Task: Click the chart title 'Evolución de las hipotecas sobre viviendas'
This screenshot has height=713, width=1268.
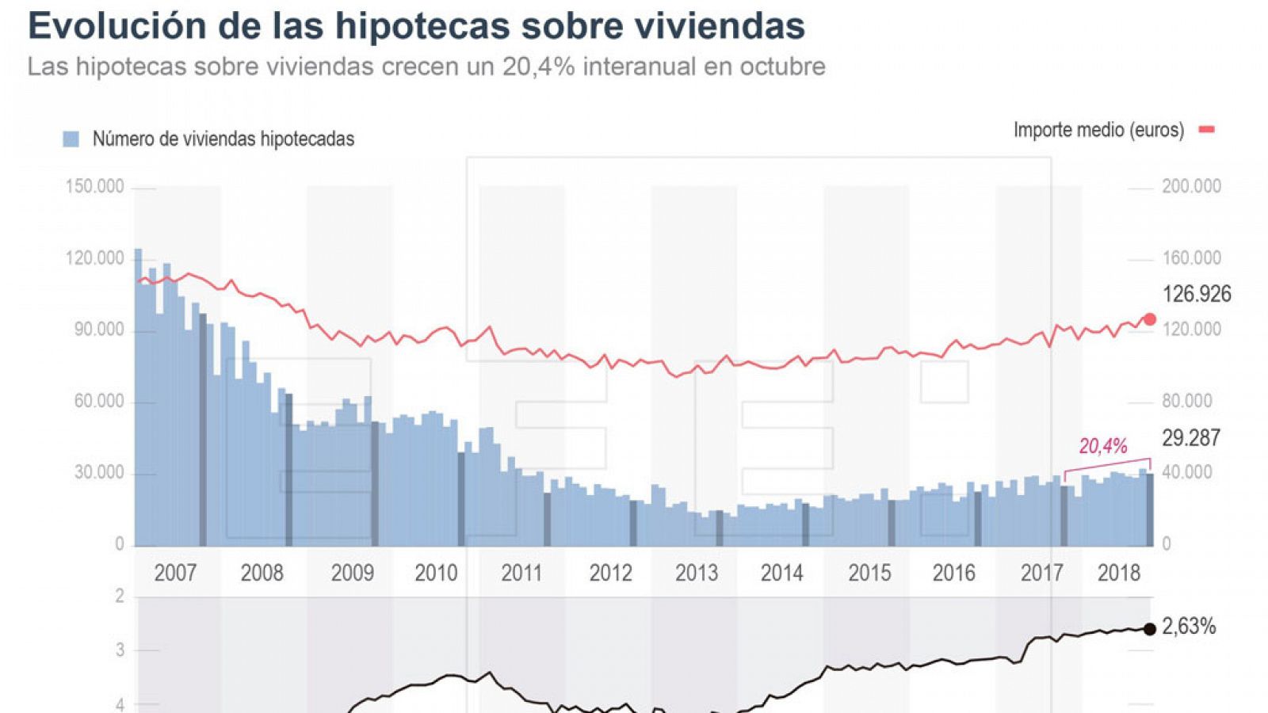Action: [416, 25]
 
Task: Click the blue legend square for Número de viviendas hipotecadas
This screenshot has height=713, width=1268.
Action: [71, 139]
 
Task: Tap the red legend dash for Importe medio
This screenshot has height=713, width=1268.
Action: [1206, 130]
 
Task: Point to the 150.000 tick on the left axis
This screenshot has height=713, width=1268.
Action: [94, 187]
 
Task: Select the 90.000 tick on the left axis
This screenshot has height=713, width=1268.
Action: [98, 330]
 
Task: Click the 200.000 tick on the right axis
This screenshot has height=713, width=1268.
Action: [1191, 186]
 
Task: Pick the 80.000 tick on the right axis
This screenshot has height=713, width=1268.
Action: [1186, 401]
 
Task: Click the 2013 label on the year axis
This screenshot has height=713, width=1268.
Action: [696, 573]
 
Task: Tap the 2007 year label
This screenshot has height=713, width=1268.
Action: [175, 573]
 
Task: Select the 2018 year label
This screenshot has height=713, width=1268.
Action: [1118, 573]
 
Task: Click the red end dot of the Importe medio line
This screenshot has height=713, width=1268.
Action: [1150, 319]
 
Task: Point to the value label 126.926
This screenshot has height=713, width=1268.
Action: [1197, 295]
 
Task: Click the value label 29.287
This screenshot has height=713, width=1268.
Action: [1191, 438]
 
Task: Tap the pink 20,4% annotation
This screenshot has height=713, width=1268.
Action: [1102, 447]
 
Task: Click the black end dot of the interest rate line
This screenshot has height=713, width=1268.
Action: [1150, 629]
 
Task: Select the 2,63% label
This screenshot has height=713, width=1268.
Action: [1189, 627]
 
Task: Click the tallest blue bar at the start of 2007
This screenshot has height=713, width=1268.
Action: [138, 396]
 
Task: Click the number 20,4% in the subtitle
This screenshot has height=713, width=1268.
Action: [538, 67]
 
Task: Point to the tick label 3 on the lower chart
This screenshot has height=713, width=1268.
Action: [120, 650]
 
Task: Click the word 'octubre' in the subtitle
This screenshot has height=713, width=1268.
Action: [782, 67]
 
